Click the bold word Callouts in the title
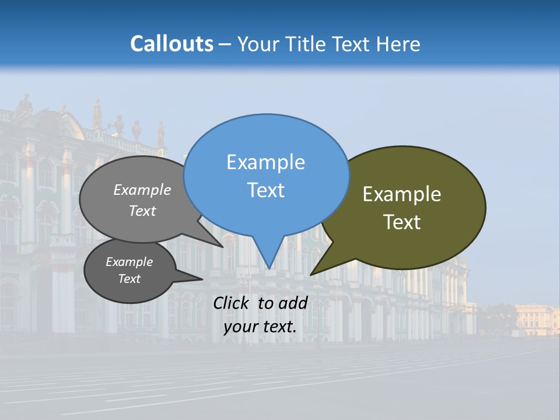click(x=171, y=44)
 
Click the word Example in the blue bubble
click(x=265, y=162)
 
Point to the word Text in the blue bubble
click(x=265, y=190)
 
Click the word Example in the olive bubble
click(x=402, y=194)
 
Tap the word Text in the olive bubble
click(x=402, y=222)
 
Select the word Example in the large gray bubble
click(x=142, y=190)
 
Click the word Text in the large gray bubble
click(x=142, y=211)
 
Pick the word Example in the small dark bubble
click(x=129, y=262)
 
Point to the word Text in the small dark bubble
click(x=129, y=279)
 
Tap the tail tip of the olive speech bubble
click(x=311, y=274)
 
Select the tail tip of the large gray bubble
click(x=222, y=247)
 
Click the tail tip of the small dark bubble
click(x=202, y=279)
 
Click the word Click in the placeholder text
click(x=232, y=303)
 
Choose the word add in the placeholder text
click(x=293, y=303)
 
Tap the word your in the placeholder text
click(x=239, y=327)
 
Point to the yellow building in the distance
click(x=537, y=319)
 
